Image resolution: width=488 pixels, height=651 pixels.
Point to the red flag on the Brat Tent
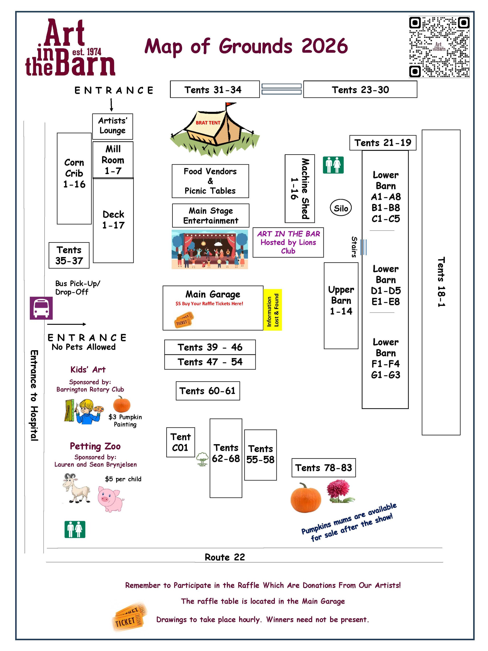pyautogui.click(x=230, y=105)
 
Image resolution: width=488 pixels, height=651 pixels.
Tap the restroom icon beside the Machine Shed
pyautogui.click(x=333, y=165)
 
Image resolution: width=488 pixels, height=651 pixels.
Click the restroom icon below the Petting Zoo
pyautogui.click(x=75, y=530)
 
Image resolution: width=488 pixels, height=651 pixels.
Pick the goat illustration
pyautogui.click(x=76, y=488)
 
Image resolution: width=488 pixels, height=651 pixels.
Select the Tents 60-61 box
pyautogui.click(x=208, y=391)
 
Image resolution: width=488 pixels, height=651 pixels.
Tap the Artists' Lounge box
pyautogui.click(x=112, y=126)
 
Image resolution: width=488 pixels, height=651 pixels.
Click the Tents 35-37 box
pyautogui.click(x=69, y=255)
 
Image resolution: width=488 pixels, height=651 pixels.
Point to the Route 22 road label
pyautogui.click(x=225, y=557)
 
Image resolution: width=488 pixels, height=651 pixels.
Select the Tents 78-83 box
pyautogui.click(x=324, y=468)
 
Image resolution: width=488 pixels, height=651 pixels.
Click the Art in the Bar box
pyautogui.click(x=288, y=242)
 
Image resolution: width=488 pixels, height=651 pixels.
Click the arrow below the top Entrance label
pyautogui.click(x=111, y=105)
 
